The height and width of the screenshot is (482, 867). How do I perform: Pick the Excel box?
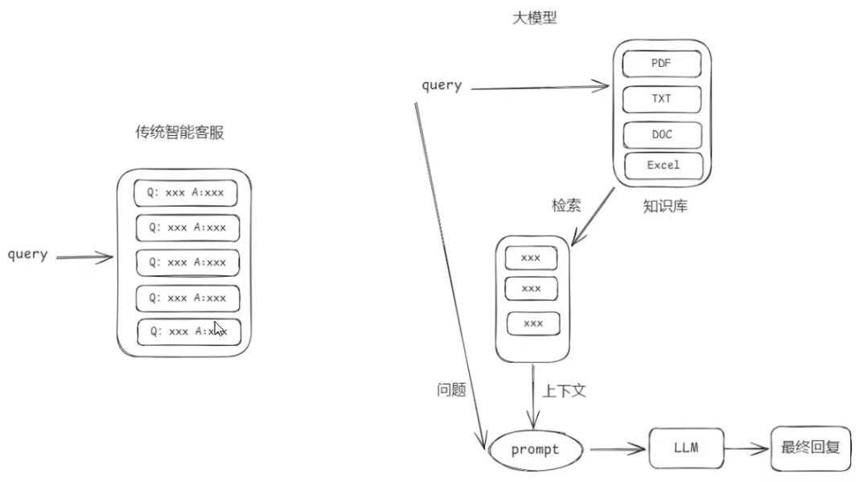[x=664, y=165]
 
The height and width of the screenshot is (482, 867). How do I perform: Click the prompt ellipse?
[x=536, y=449]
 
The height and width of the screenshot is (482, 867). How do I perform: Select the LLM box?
[x=685, y=447]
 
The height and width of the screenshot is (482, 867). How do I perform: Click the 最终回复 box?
[x=810, y=447]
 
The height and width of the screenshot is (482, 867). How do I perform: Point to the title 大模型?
[x=535, y=18]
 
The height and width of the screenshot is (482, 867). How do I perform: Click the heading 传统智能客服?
[x=179, y=133]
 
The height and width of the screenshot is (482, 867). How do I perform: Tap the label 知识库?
[x=664, y=206]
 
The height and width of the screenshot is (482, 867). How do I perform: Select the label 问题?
[x=446, y=390]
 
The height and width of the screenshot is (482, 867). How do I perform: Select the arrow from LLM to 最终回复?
[x=746, y=449]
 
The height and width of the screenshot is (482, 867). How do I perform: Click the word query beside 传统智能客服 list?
[x=28, y=254]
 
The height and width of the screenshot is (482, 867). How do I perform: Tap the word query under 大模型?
[x=442, y=84]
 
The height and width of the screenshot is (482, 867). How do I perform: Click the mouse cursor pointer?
[x=218, y=329]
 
